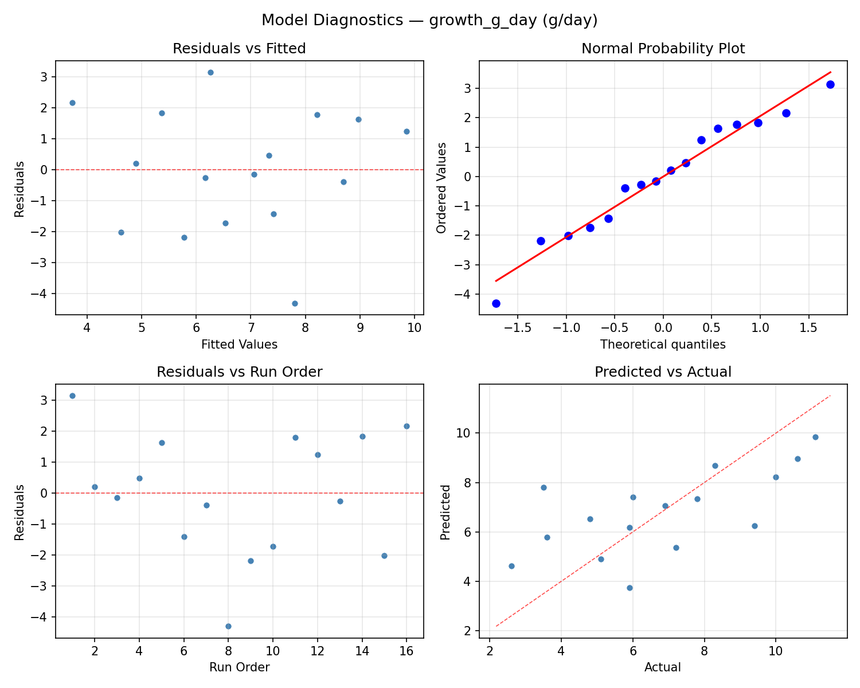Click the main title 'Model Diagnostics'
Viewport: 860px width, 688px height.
tap(429, 21)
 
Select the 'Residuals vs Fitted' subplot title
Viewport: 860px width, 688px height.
tap(239, 49)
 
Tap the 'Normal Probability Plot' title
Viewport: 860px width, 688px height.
tap(663, 49)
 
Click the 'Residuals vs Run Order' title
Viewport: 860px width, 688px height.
tap(239, 372)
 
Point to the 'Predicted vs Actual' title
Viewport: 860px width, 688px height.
tap(663, 372)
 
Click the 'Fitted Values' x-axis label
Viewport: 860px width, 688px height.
tap(239, 345)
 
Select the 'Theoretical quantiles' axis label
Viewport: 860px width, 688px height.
tap(663, 345)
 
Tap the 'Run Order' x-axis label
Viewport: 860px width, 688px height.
tap(239, 667)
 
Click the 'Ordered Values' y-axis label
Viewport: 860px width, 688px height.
tap(441, 187)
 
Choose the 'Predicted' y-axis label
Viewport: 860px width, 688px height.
tap(445, 511)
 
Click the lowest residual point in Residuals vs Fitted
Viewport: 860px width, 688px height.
tap(295, 303)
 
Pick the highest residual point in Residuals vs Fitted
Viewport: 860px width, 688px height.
tap(210, 72)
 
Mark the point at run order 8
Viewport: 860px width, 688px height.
tap(228, 626)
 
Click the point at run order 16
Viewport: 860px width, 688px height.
tap(406, 426)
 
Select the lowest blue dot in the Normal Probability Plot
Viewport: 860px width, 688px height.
tap(496, 303)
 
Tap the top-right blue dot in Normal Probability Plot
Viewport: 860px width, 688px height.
tap(830, 84)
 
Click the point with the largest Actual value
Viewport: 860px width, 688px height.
tap(815, 437)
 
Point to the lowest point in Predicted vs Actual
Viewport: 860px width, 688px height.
tap(630, 588)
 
